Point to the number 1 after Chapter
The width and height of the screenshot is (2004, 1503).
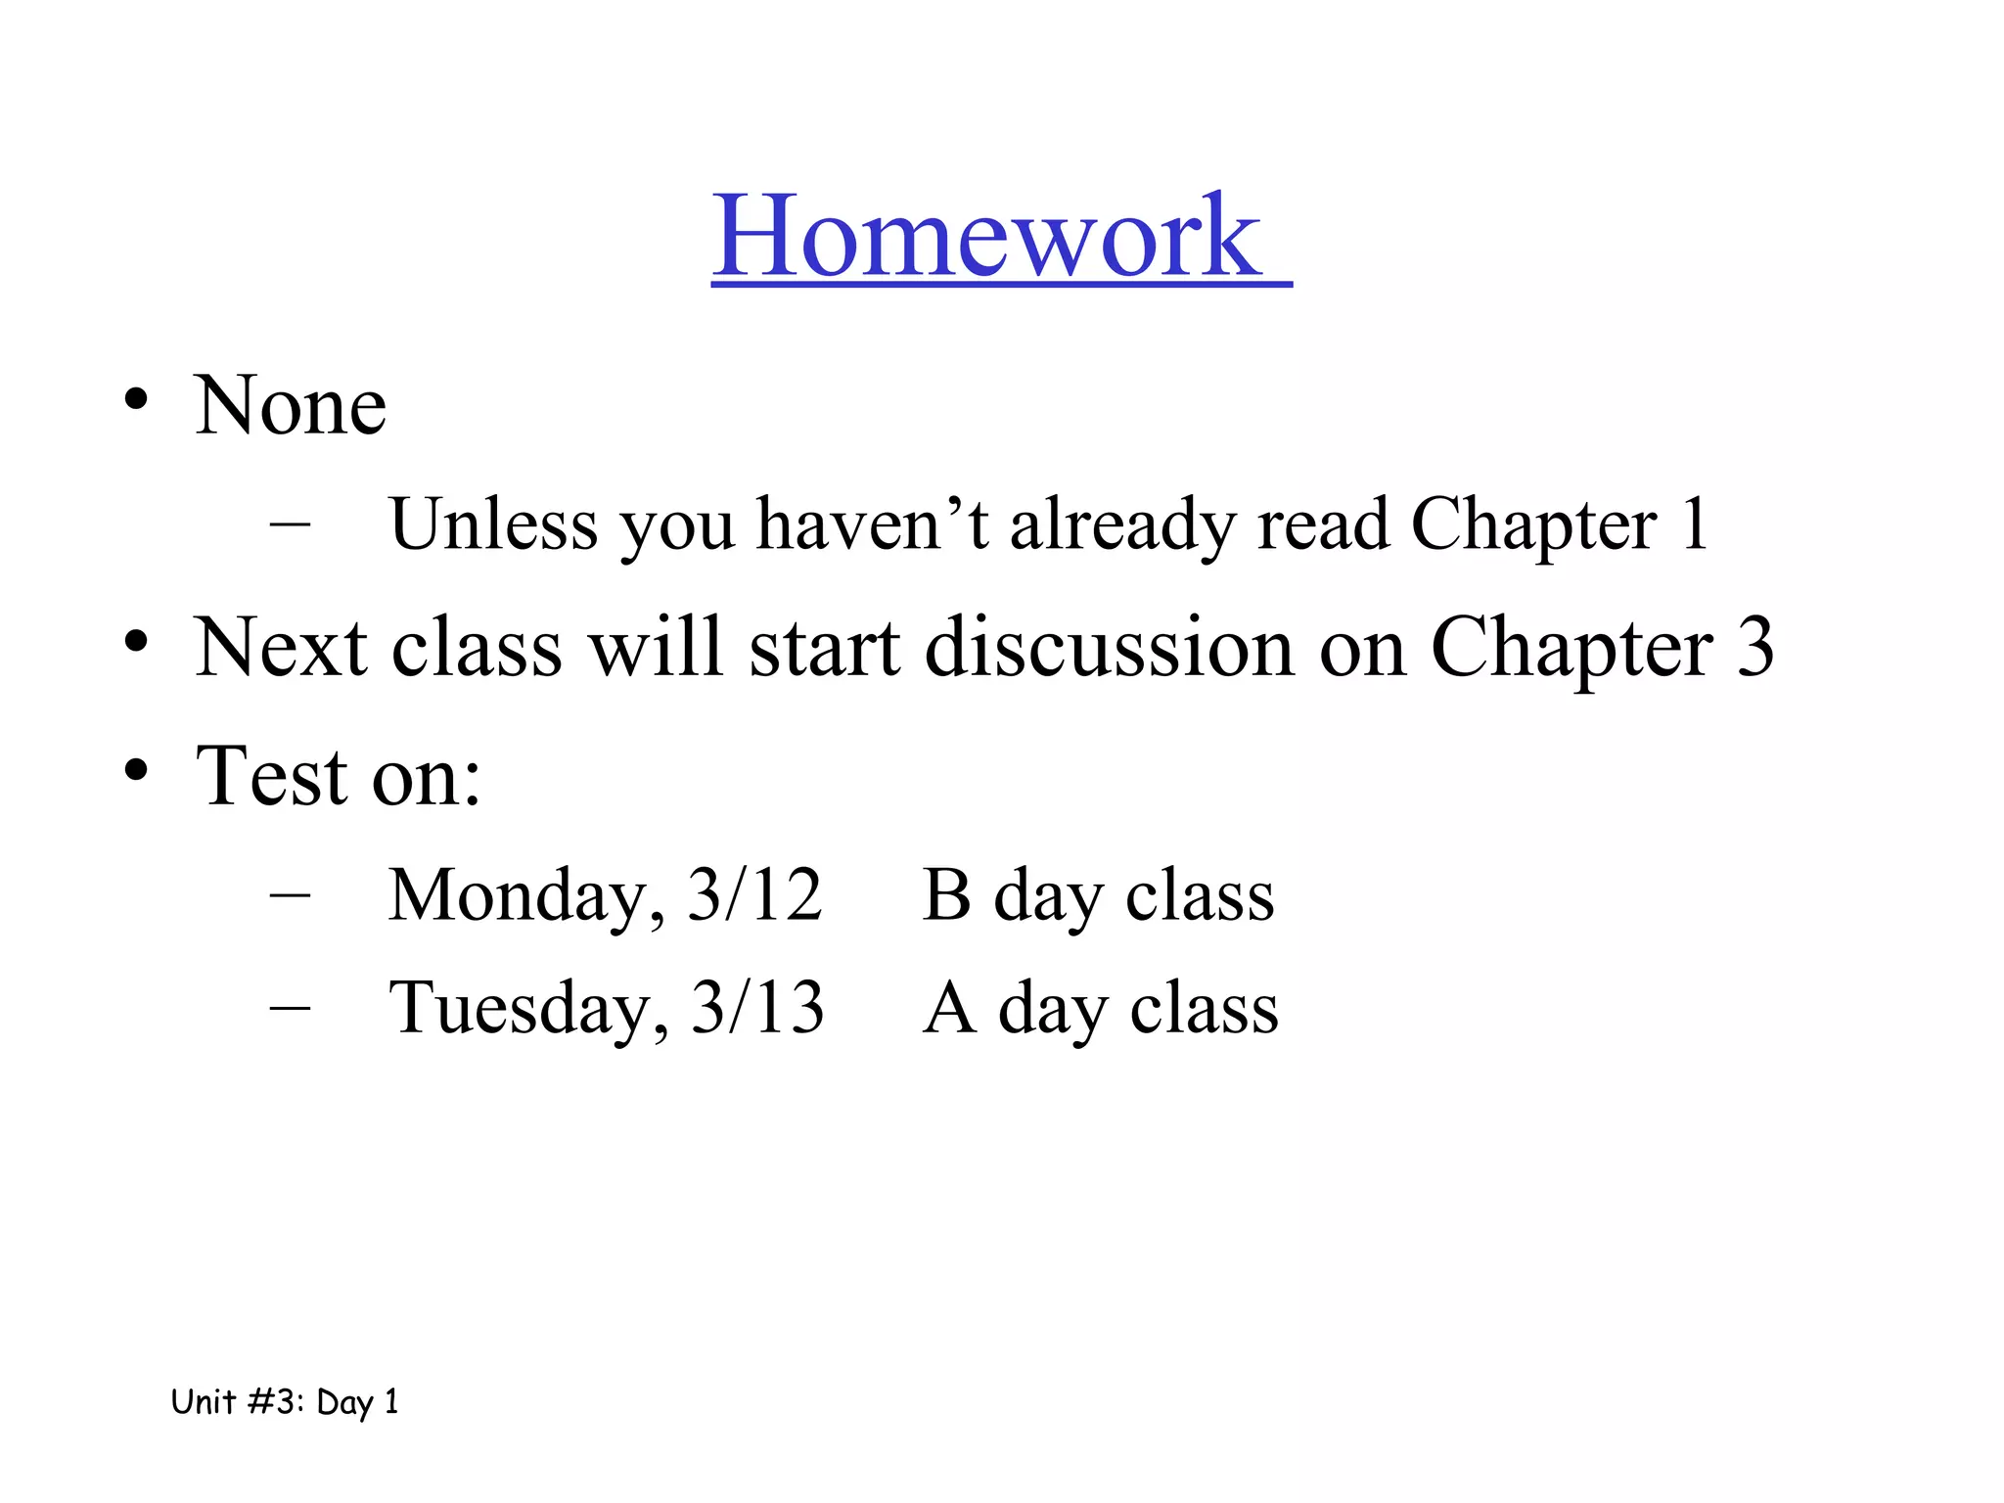click(1693, 524)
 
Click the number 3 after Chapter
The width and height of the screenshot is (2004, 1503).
click(1754, 647)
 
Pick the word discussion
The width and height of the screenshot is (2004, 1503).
click(1110, 647)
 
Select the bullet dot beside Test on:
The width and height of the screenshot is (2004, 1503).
click(136, 770)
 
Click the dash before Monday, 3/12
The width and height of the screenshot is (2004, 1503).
click(290, 893)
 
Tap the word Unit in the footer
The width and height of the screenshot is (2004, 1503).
click(204, 1401)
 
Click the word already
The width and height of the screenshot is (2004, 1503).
click(1122, 526)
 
